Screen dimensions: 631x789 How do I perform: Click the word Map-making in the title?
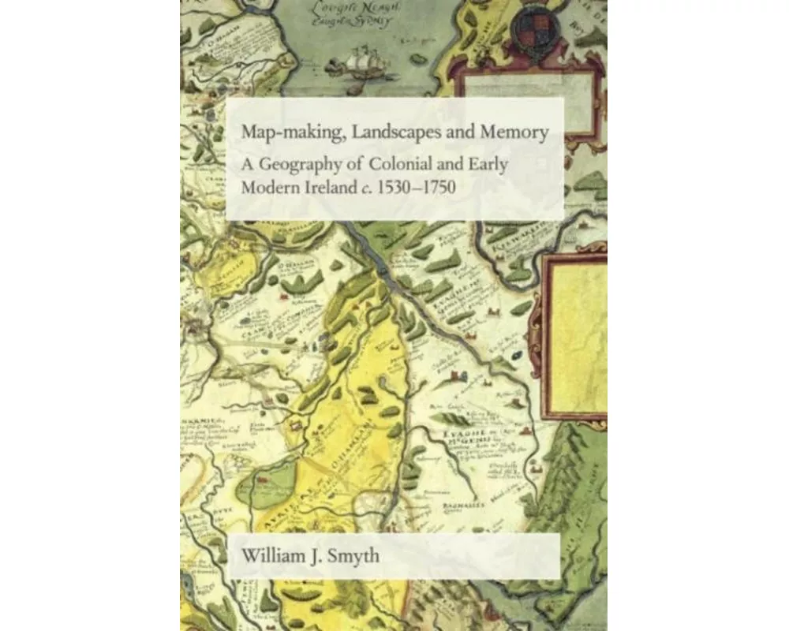282,133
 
